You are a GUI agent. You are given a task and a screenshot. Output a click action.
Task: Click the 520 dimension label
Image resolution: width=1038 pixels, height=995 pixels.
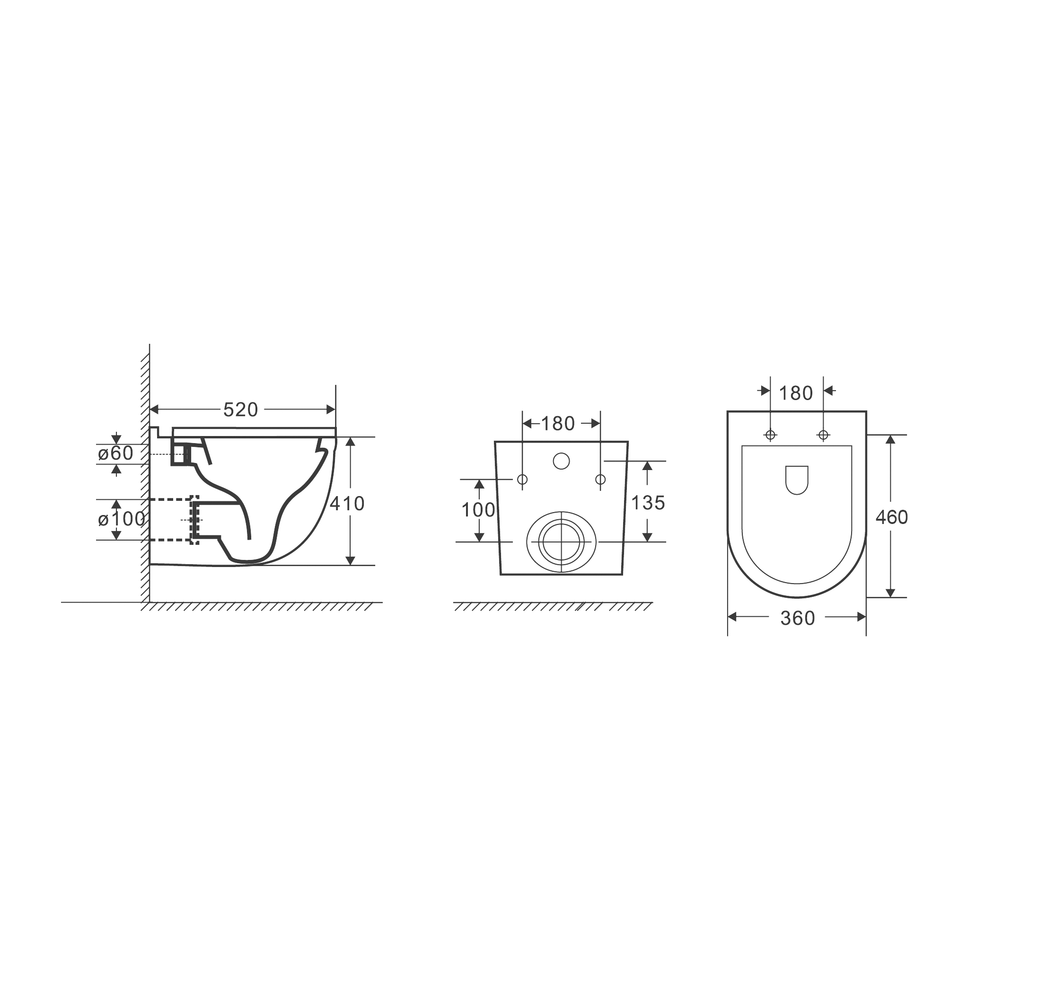(240, 410)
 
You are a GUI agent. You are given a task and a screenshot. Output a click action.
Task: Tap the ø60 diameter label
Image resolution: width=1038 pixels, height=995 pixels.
(115, 453)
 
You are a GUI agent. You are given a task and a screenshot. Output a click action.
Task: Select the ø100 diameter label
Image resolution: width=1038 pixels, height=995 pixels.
(121, 519)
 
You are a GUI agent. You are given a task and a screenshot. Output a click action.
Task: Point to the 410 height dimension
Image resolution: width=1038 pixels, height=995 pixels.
(347, 503)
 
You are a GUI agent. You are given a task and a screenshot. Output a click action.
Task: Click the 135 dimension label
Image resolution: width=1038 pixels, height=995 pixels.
(648, 503)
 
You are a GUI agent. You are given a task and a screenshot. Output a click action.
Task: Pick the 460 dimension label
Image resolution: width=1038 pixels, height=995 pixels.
(892, 517)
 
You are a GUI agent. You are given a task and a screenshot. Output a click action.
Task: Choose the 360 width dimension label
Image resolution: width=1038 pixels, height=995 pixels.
(798, 618)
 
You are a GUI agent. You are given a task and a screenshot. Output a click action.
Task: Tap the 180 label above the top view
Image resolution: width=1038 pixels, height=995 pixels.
(796, 393)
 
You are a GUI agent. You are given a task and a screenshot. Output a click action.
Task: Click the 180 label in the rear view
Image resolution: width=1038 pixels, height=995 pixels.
(558, 423)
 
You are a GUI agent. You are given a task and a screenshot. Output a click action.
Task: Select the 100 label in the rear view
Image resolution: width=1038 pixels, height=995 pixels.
(478, 510)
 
